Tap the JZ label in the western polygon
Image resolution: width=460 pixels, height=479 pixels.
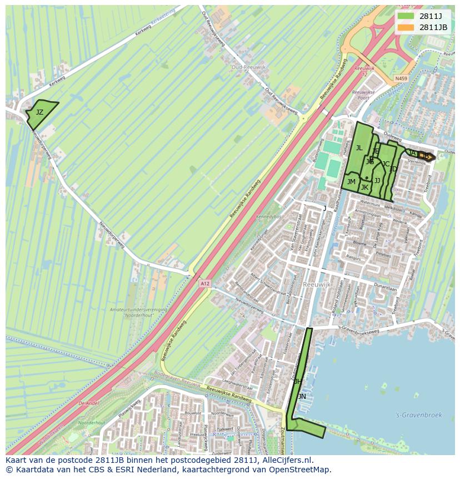point(39,112)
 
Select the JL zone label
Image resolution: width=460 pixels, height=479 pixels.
point(359,148)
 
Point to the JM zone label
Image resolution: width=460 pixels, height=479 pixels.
point(351,182)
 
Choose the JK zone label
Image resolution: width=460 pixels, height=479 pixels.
point(364,187)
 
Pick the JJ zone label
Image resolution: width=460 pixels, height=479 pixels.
point(377,181)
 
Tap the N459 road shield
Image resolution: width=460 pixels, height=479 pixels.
point(401,78)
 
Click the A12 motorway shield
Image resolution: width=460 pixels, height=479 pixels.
point(206,284)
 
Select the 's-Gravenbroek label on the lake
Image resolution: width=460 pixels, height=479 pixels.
point(410,414)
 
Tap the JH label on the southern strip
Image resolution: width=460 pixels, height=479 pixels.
point(298,381)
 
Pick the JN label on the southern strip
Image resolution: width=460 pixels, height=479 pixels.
point(302,396)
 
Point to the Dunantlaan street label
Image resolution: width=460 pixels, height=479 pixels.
point(385,289)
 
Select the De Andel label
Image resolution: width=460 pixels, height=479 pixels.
point(88,403)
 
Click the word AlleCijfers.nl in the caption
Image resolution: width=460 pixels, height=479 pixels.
point(286,460)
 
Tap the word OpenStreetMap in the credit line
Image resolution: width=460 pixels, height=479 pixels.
point(302,470)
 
